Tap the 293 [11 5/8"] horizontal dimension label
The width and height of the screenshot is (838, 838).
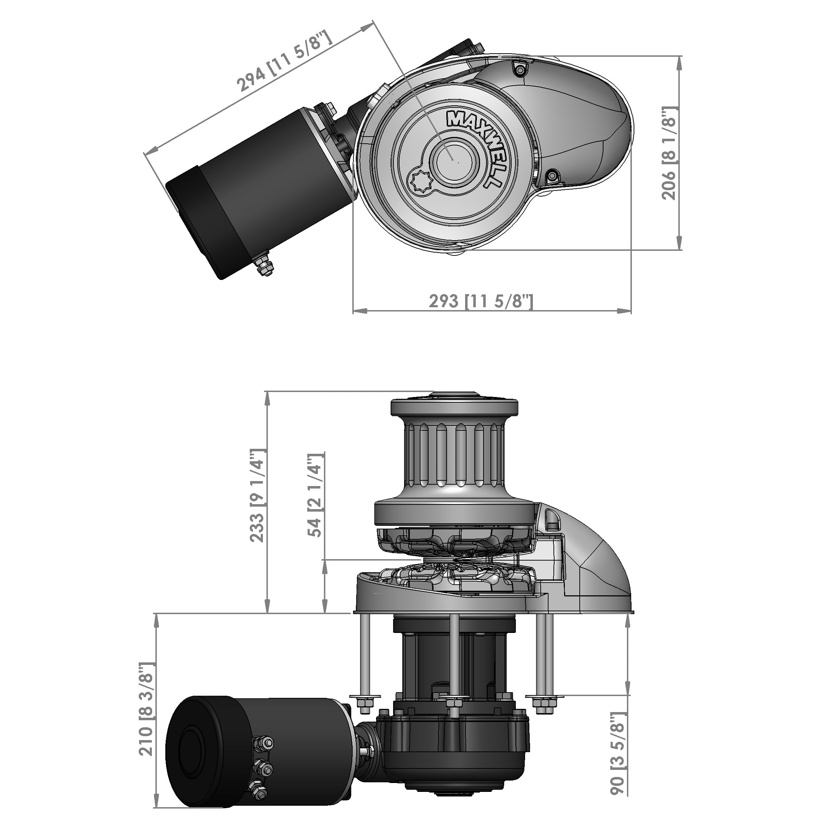tap(481, 301)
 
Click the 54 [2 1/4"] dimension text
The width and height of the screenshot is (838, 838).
tap(315, 496)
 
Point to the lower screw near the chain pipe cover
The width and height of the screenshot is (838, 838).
tap(552, 176)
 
